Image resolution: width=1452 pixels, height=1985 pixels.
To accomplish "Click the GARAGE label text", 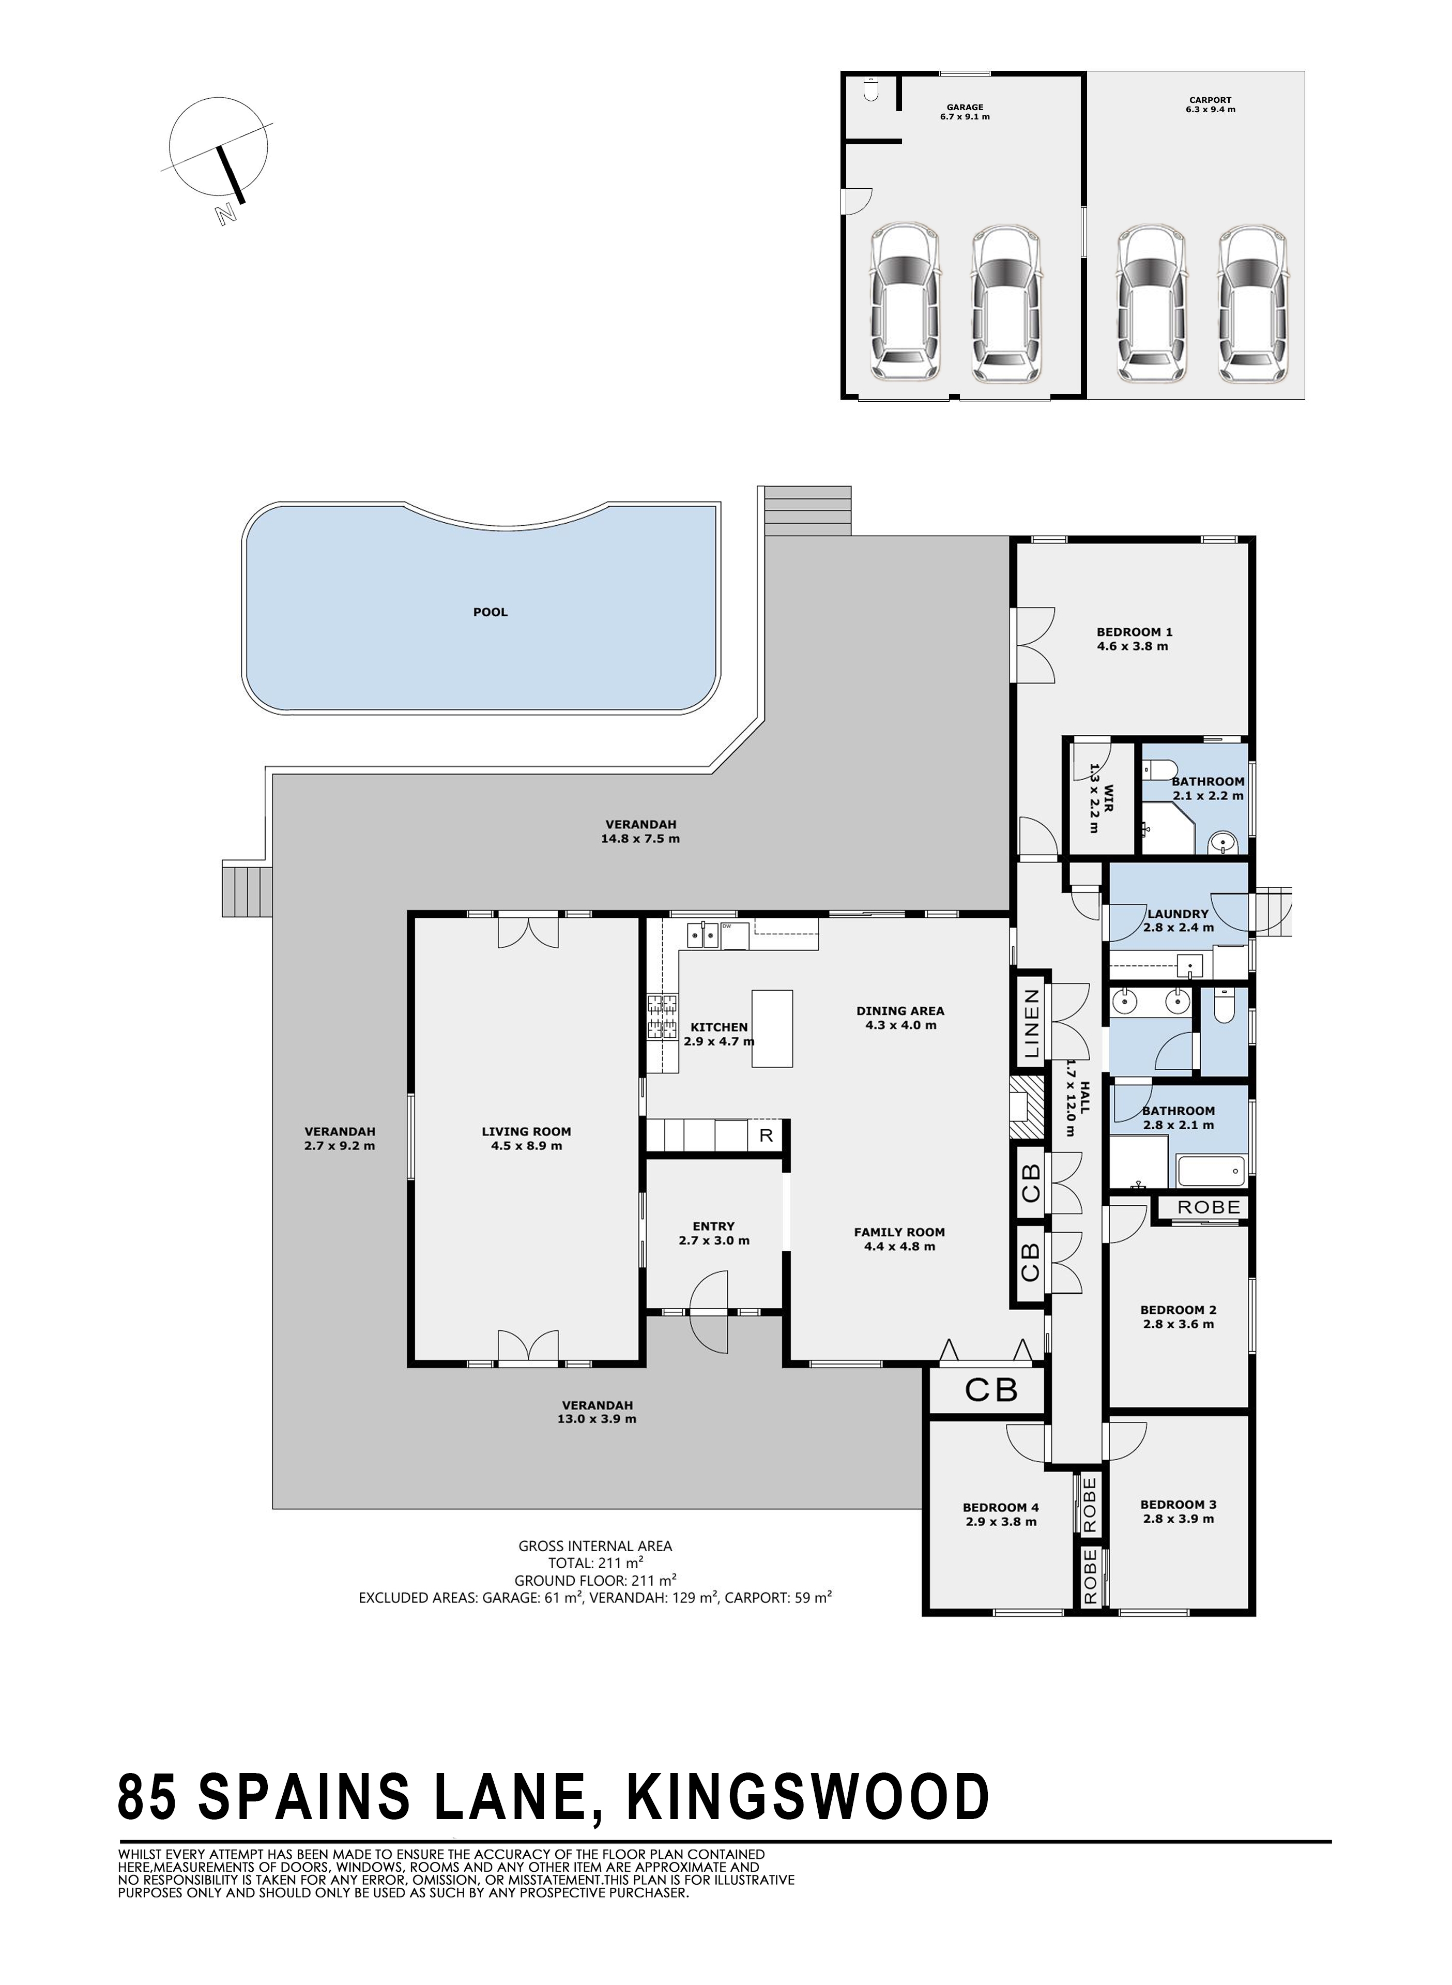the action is coord(965,107).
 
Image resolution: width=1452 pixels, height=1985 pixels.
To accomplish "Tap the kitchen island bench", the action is coord(772,1028).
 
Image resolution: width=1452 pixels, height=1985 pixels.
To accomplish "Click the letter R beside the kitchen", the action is coord(766,1135).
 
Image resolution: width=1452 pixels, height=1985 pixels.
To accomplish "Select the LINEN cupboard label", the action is coord(1032,1023).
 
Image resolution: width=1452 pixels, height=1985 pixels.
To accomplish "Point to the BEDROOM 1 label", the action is coord(1134,631).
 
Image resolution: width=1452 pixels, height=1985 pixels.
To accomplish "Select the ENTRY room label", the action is coord(714,1226).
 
